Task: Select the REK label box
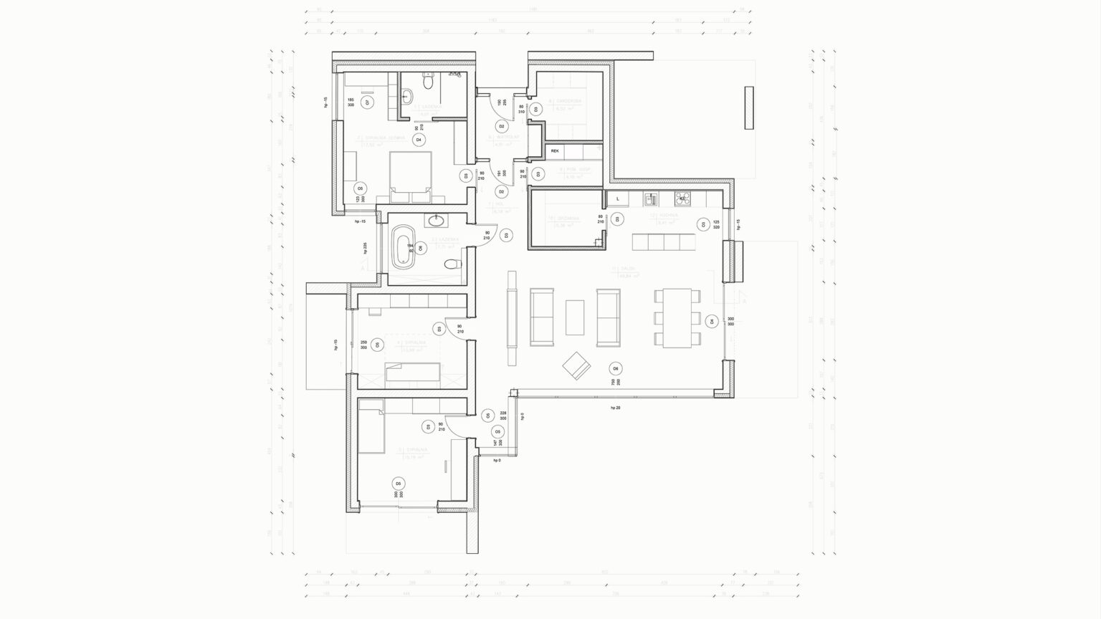point(555,151)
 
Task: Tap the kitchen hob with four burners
point(682,198)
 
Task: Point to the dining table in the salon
point(677,317)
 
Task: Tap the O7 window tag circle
point(367,102)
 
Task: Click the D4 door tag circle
point(419,140)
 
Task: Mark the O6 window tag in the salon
point(614,368)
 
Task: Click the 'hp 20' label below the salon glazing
point(614,408)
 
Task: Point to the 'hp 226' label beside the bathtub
point(366,248)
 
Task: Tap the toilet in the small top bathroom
point(428,83)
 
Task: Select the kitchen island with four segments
point(664,241)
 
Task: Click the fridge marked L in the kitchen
point(617,199)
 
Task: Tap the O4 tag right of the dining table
point(711,321)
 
